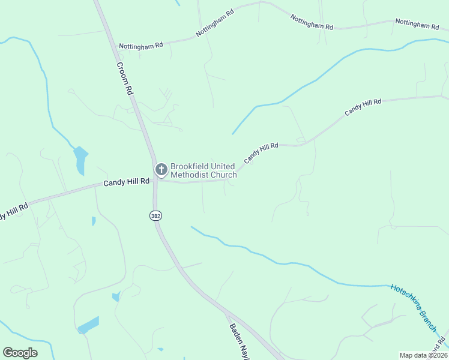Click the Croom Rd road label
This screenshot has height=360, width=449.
[x=124, y=79]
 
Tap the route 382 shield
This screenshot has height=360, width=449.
[x=156, y=215]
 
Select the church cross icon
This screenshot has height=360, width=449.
[x=161, y=170]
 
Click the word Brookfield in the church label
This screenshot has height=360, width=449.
[x=190, y=166]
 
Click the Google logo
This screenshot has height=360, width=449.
[x=20, y=352]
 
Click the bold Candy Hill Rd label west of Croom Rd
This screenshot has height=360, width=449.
[x=126, y=182]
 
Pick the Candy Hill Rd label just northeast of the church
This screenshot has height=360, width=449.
[x=261, y=153]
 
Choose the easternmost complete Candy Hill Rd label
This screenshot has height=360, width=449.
[x=363, y=108]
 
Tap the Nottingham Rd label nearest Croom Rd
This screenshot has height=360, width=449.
[x=141, y=45]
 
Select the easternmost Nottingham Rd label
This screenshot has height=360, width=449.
[x=417, y=25]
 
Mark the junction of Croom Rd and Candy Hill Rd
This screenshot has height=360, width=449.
[x=155, y=180]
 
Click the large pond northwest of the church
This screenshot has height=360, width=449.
[x=80, y=160]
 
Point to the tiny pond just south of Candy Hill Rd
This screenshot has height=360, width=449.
[x=94, y=221]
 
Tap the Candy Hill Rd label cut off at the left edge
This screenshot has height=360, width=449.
[x=13, y=212]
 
